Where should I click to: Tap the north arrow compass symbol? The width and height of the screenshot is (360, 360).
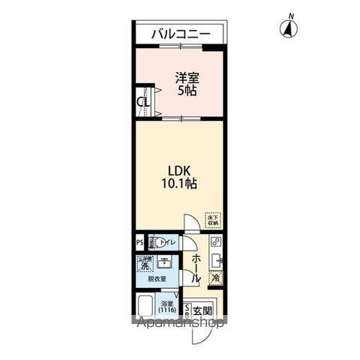287,28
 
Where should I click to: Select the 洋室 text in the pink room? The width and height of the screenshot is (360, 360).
187,78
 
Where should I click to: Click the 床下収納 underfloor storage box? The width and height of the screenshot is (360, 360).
213,219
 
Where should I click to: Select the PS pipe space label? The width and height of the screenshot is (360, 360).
139,242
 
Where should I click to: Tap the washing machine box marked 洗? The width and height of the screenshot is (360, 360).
143,265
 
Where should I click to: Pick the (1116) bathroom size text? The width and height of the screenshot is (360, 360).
167,308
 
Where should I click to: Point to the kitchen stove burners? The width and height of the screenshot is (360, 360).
215,242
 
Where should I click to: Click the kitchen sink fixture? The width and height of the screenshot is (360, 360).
216,260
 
